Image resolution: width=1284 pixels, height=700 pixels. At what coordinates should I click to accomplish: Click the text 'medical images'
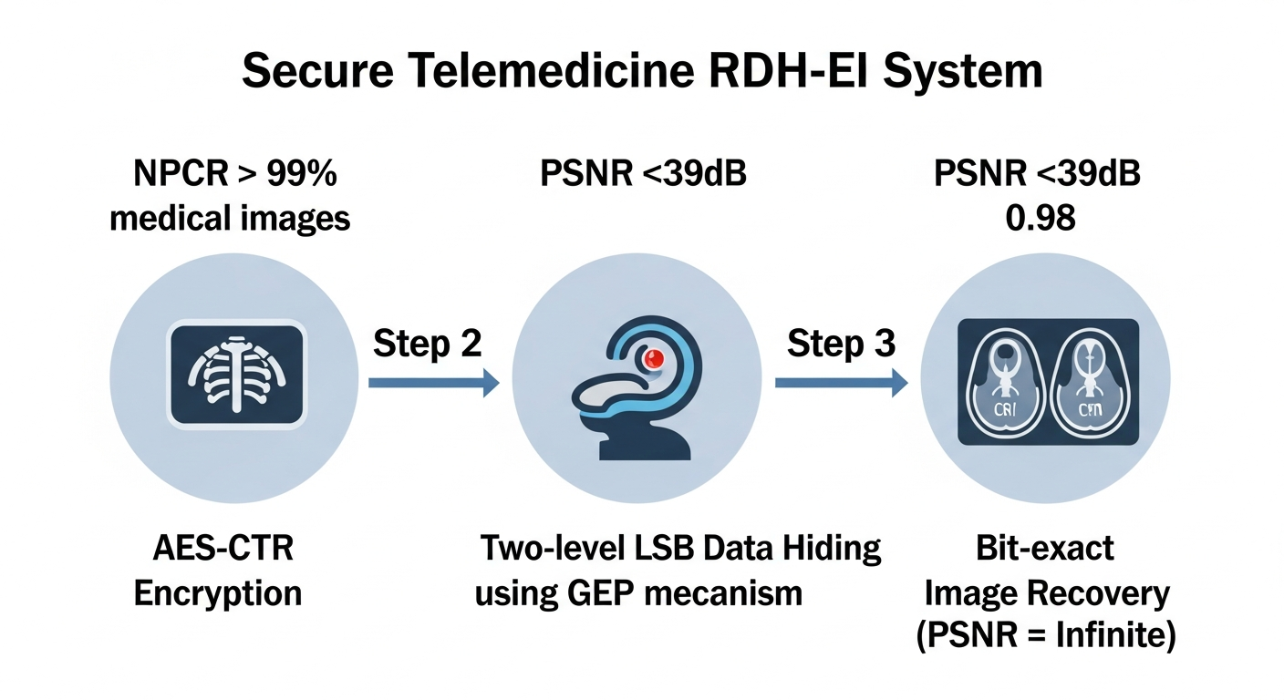(x=230, y=219)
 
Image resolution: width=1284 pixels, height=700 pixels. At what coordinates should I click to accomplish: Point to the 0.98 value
(x=1037, y=219)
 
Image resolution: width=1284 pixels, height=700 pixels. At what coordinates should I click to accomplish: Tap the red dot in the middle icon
(x=653, y=359)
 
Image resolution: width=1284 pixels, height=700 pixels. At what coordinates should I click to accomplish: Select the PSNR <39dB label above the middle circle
(x=643, y=173)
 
